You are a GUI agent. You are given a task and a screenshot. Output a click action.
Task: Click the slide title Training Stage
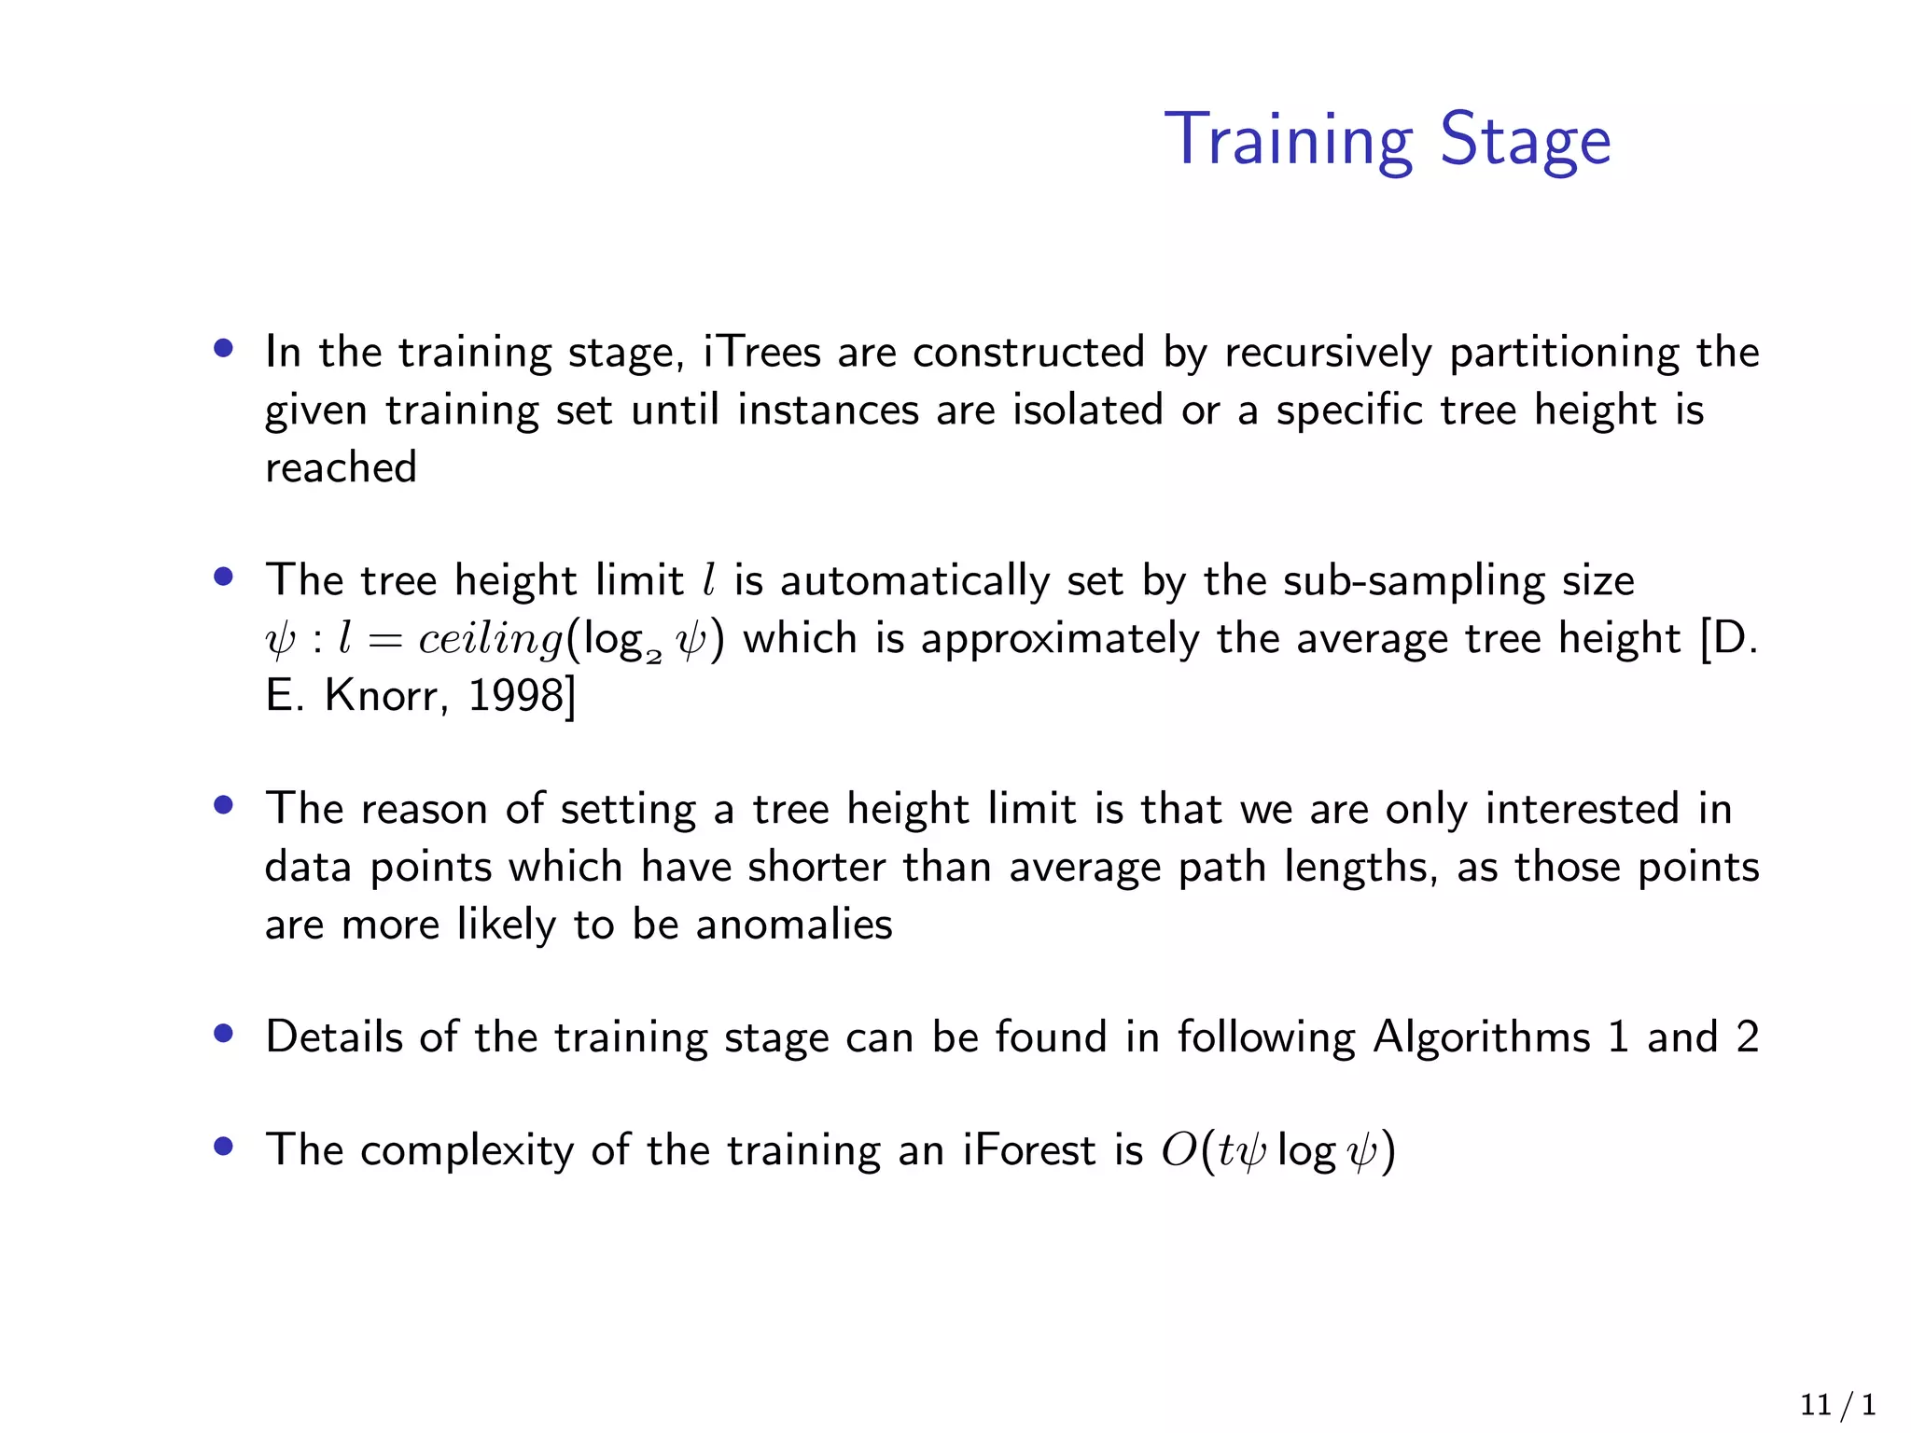coord(1387,140)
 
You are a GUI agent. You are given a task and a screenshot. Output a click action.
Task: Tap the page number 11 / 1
coord(1837,1405)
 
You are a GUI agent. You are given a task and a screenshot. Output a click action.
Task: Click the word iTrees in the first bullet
coord(761,353)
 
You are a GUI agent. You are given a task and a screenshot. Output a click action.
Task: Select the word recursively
coord(1328,353)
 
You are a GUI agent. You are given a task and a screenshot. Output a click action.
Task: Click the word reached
coord(341,467)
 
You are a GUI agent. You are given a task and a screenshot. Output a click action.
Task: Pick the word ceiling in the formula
coord(491,640)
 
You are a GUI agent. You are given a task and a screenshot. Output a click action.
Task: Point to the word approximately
coord(1060,640)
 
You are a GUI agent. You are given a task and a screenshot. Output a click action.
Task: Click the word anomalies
coord(794,925)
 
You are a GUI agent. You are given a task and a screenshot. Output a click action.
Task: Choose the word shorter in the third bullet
coord(816,867)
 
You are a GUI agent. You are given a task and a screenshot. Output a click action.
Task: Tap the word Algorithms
coord(1481,1037)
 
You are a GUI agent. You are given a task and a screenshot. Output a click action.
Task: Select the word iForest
coord(1028,1150)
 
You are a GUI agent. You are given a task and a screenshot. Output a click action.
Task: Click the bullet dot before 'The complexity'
coord(222,1146)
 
